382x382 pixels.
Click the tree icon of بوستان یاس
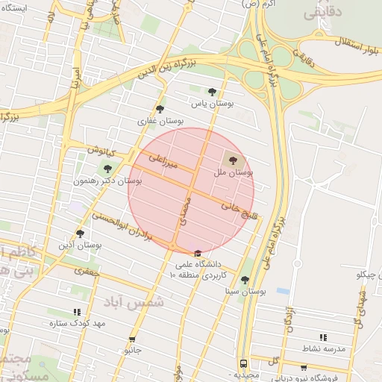(213, 93)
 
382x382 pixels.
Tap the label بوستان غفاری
(155, 120)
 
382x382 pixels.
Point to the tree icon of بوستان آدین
(80, 234)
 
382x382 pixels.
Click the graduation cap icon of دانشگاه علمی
(197, 253)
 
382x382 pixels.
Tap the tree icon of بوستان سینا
(245, 280)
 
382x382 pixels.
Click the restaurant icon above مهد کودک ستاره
(76, 312)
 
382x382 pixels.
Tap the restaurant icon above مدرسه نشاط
(322, 337)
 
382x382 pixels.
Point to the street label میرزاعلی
(163, 159)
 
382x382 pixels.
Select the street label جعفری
(87, 275)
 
